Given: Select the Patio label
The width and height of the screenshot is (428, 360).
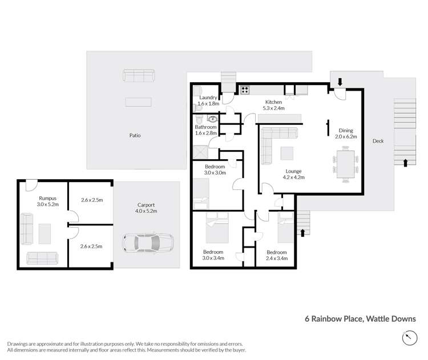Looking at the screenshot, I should pyautogui.click(x=134, y=135).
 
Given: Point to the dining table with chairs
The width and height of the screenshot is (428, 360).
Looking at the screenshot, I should pyautogui.click(x=346, y=164).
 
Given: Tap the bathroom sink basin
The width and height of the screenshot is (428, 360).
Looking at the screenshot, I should pyautogui.click(x=213, y=119).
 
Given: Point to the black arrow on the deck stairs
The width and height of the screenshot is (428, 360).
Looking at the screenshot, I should pyautogui.click(x=405, y=163).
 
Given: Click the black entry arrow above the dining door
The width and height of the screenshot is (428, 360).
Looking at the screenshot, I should pyautogui.click(x=340, y=82).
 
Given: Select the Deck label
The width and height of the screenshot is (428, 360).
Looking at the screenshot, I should pyautogui.click(x=378, y=141).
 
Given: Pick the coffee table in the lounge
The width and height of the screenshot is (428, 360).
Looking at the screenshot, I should pyautogui.click(x=287, y=153).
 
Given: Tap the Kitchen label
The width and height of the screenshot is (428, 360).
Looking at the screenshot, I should pyautogui.click(x=273, y=102).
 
